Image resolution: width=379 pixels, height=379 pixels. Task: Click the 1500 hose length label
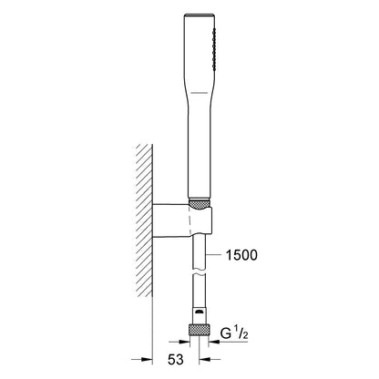coord(241,255)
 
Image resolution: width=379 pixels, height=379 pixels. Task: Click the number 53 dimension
coord(176,360)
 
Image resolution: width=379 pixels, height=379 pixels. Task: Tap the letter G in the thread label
coord(226,333)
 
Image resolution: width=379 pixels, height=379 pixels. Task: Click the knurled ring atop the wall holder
coord(199,204)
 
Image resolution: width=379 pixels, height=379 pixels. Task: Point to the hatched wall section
coord(144,220)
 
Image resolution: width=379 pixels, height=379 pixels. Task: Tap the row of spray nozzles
coord(214,48)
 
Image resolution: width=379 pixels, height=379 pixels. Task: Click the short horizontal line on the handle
coord(200,92)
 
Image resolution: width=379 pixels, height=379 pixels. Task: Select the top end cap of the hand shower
coord(200,15)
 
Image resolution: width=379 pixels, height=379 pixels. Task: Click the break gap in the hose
coord(199,271)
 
